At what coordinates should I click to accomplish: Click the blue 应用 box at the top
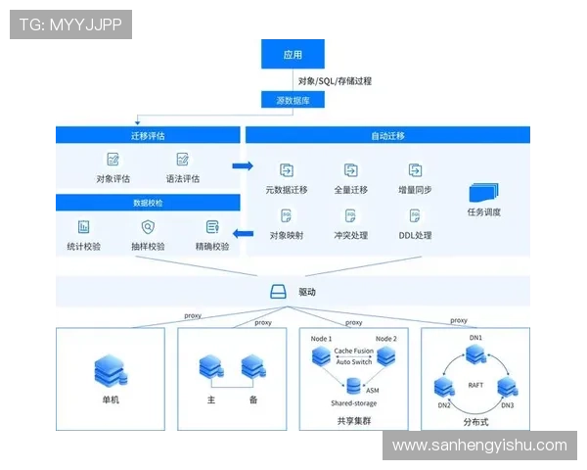pos(293,55)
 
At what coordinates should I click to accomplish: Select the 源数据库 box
pos(293,100)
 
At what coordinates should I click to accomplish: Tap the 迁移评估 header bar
pos(147,134)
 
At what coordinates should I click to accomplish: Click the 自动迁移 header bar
pos(387,135)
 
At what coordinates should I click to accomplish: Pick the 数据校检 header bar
pos(148,203)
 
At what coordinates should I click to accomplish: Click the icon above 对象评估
pos(113,159)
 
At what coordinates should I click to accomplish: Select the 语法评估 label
pos(182,179)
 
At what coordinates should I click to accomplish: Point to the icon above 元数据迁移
pos(287,169)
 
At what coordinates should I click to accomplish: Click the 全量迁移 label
pos(351,190)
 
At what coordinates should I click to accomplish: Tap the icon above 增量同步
pos(415,169)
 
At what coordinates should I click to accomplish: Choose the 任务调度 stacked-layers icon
pos(484,192)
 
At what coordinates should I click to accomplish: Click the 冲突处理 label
pos(351,235)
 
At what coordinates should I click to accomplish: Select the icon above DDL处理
pos(415,215)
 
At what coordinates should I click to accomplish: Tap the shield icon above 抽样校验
pos(148,227)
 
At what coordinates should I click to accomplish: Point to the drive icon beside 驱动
pos(277,292)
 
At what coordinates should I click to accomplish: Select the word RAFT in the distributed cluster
pos(476,385)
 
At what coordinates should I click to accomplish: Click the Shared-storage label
pos(353,402)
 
